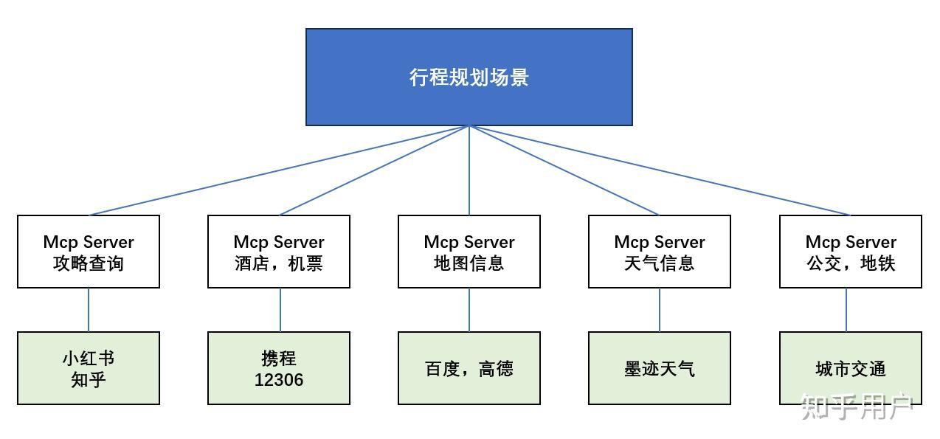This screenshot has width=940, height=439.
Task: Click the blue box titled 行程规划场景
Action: [469, 77]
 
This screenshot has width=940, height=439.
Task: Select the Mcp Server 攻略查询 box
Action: [89, 252]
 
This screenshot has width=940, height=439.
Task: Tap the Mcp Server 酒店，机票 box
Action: [279, 252]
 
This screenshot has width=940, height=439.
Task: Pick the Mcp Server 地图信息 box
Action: [469, 252]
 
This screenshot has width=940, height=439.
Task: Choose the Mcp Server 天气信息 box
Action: [660, 252]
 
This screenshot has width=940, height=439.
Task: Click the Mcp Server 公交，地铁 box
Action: [850, 252]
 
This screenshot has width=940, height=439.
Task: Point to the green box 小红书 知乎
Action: [89, 368]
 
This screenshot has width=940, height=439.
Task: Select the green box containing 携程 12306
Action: [279, 368]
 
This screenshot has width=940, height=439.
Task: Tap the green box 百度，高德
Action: [469, 368]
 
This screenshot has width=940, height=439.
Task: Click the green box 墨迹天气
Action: [660, 368]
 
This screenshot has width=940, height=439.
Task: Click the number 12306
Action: [279, 380]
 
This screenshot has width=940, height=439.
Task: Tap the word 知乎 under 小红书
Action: [89, 380]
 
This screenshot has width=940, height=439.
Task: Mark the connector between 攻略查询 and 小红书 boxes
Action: [89, 310]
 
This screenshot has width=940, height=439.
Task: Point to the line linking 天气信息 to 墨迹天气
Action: [660, 310]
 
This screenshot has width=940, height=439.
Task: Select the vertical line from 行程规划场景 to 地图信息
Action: [469, 170]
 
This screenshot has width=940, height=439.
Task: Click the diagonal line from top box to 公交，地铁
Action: [660, 170]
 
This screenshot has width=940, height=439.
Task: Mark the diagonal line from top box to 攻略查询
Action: [279, 170]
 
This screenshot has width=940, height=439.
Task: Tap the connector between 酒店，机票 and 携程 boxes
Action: [280, 310]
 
